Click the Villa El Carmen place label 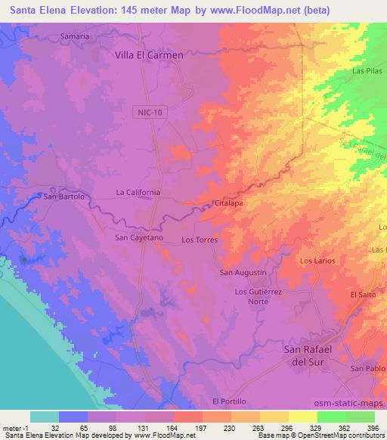pyautogui.click(x=148, y=55)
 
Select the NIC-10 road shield pyautogui.click(x=150, y=112)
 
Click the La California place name pyautogui.click(x=138, y=193)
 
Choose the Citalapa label pyautogui.click(x=228, y=204)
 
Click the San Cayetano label pyautogui.click(x=138, y=237)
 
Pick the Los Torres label pyautogui.click(x=200, y=240)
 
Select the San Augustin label pyautogui.click(x=243, y=272)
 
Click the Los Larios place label pyautogui.click(x=316, y=261)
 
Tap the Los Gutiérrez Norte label pyautogui.click(x=258, y=296)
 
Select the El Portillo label pyautogui.click(x=228, y=401)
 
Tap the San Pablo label pyautogui.click(x=368, y=368)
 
